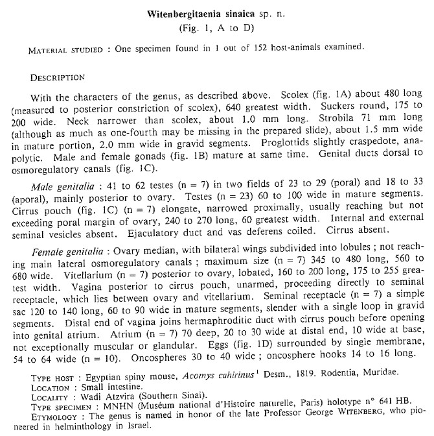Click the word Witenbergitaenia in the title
[188, 14]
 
